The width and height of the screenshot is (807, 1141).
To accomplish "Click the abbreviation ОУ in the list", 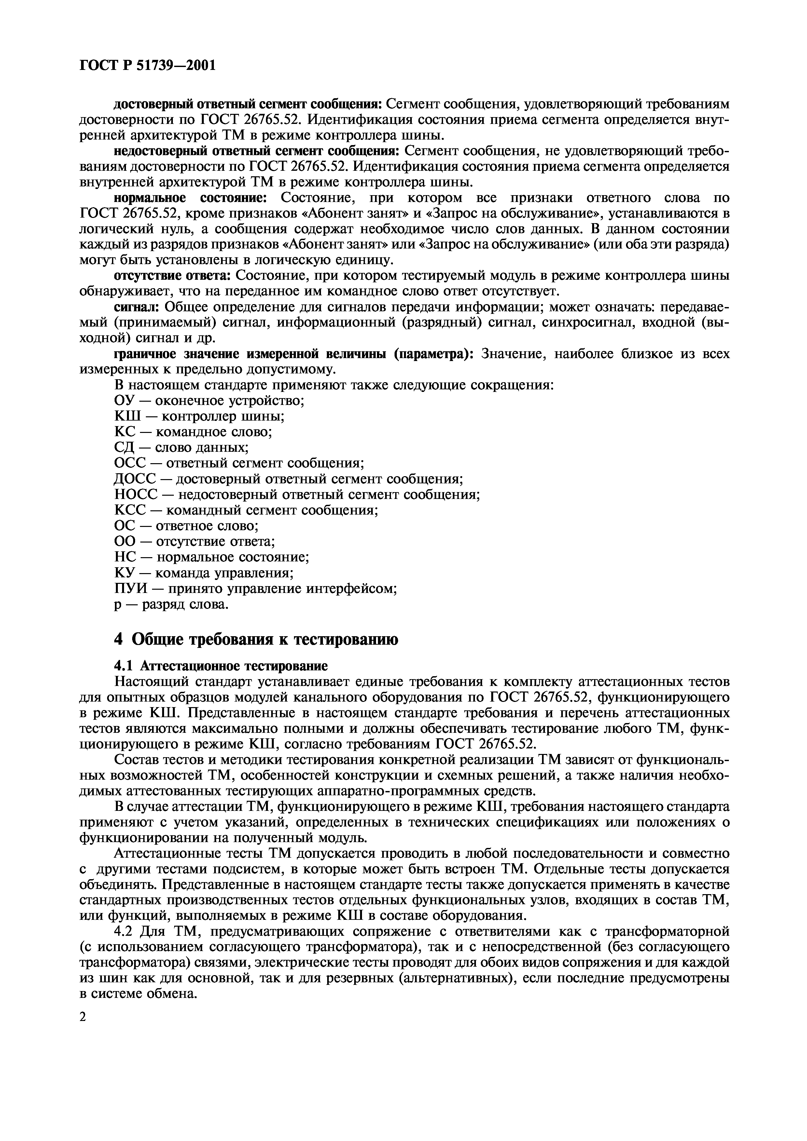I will click(123, 400).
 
